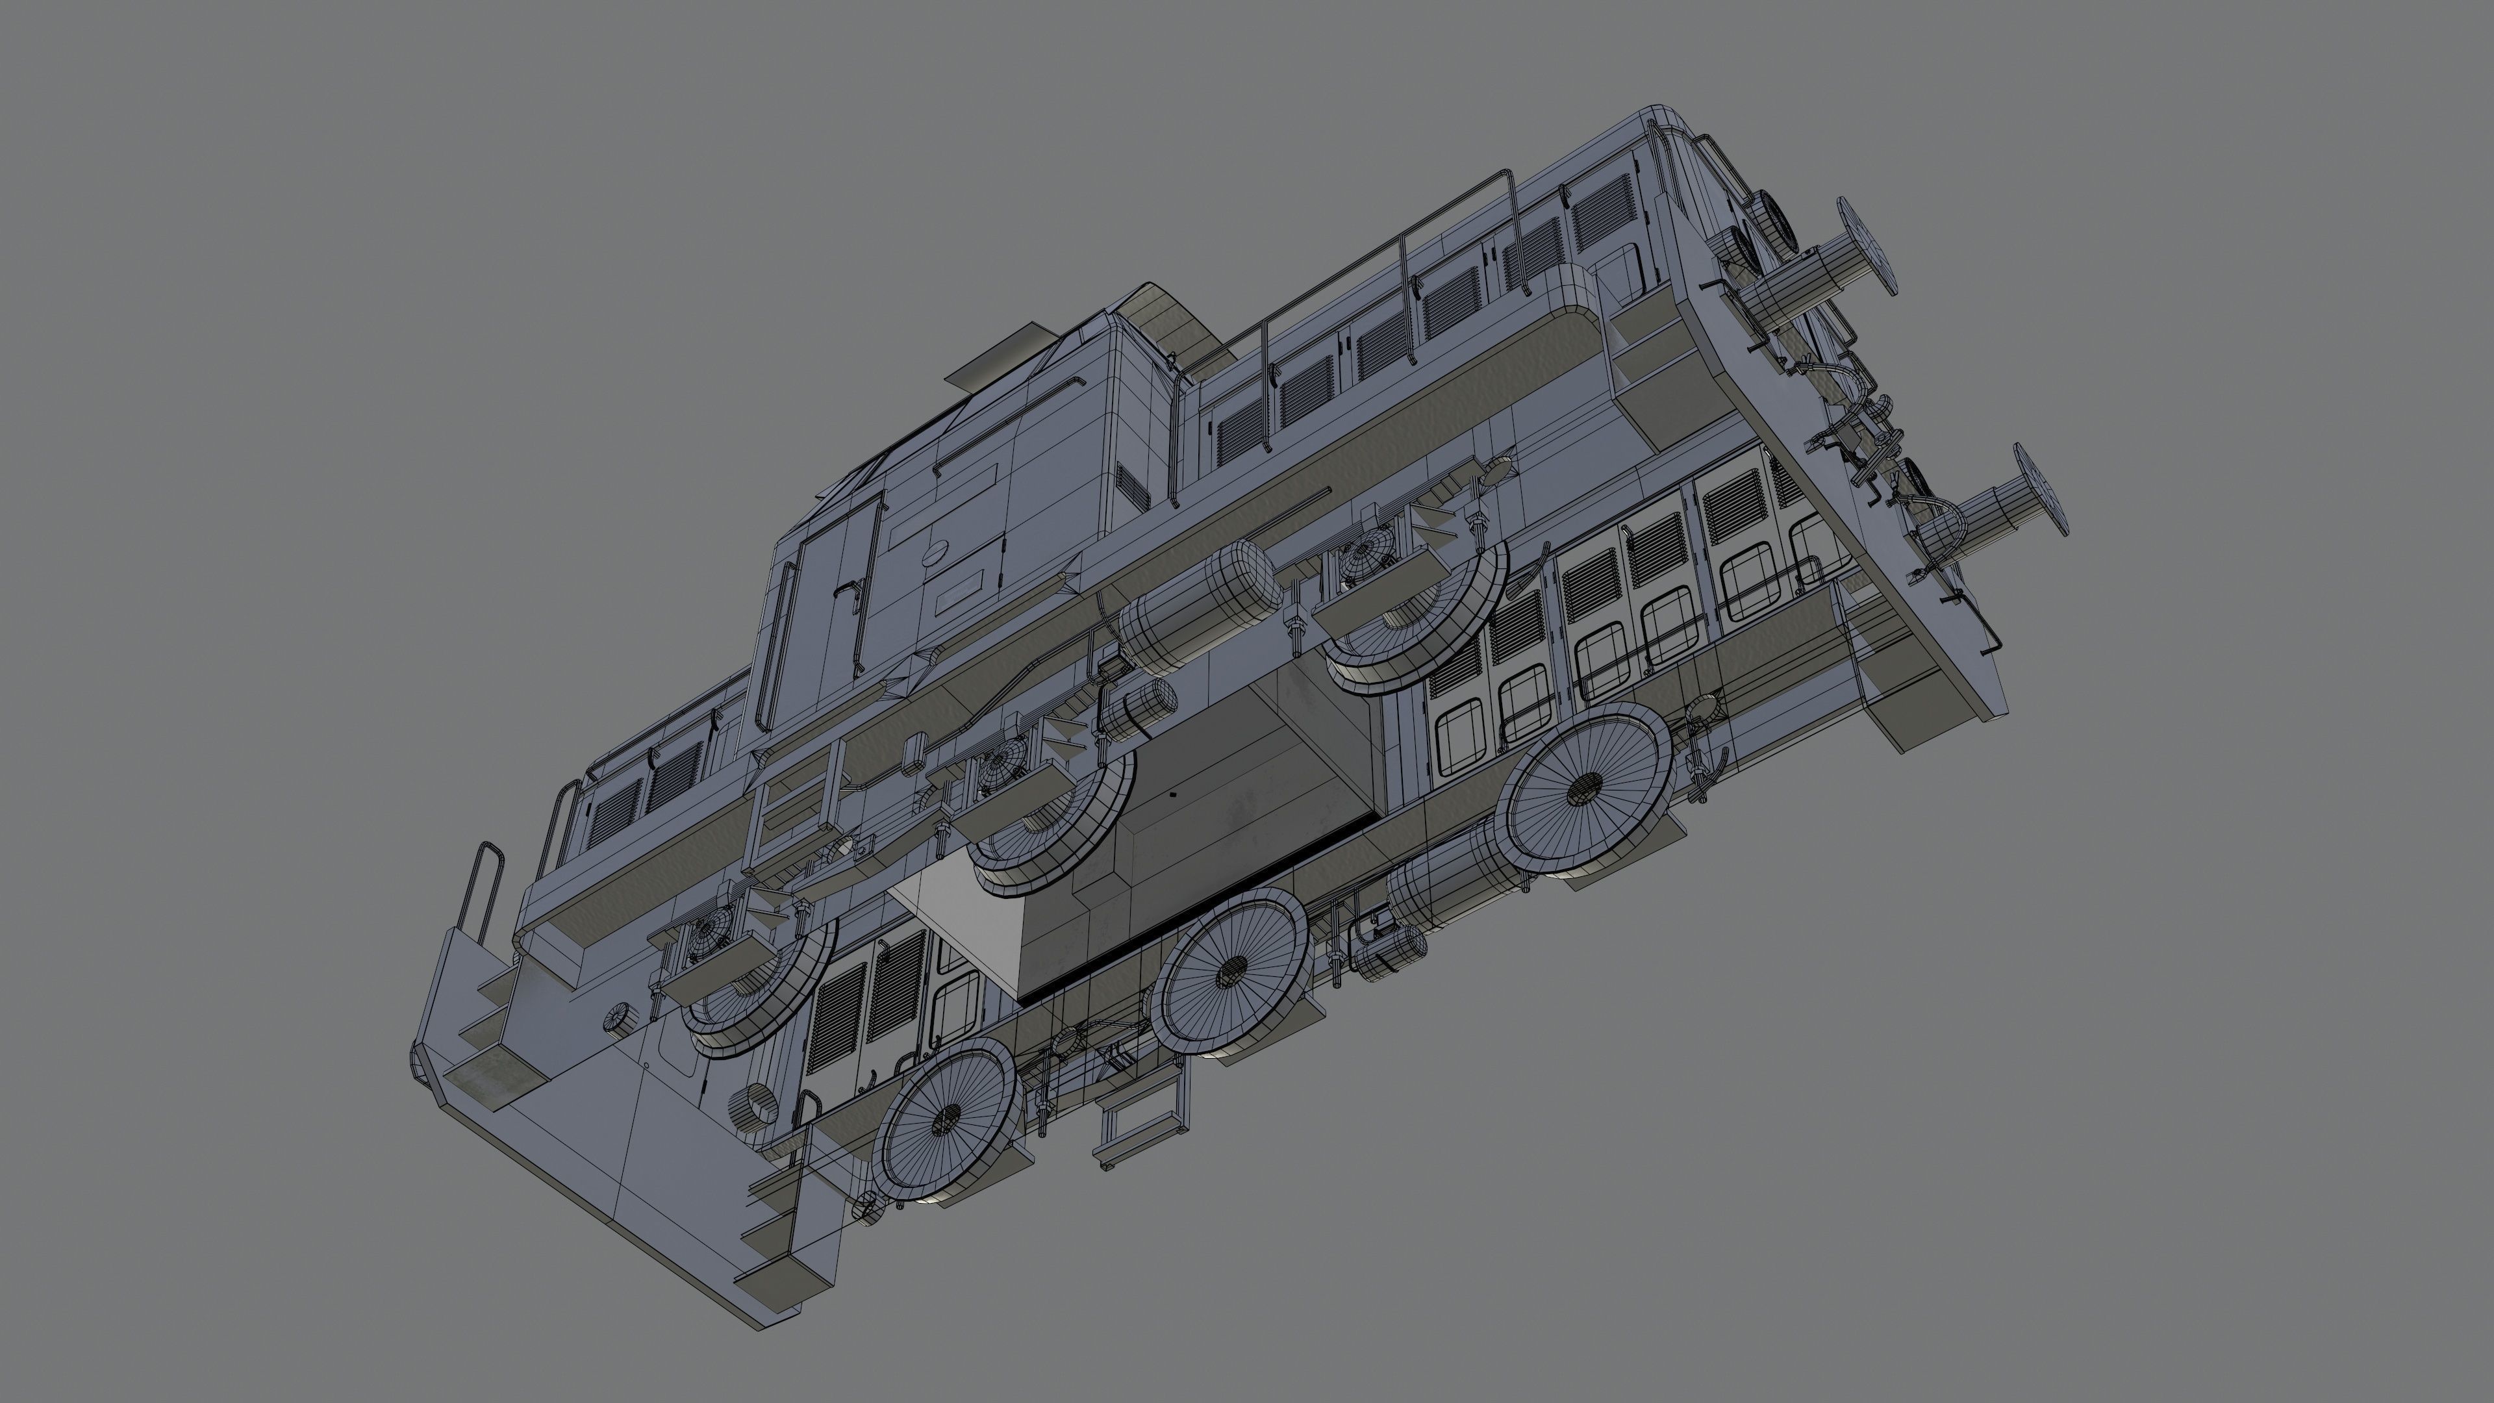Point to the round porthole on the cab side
tap(936, 553)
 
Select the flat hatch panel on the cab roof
tap(1002, 360)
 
